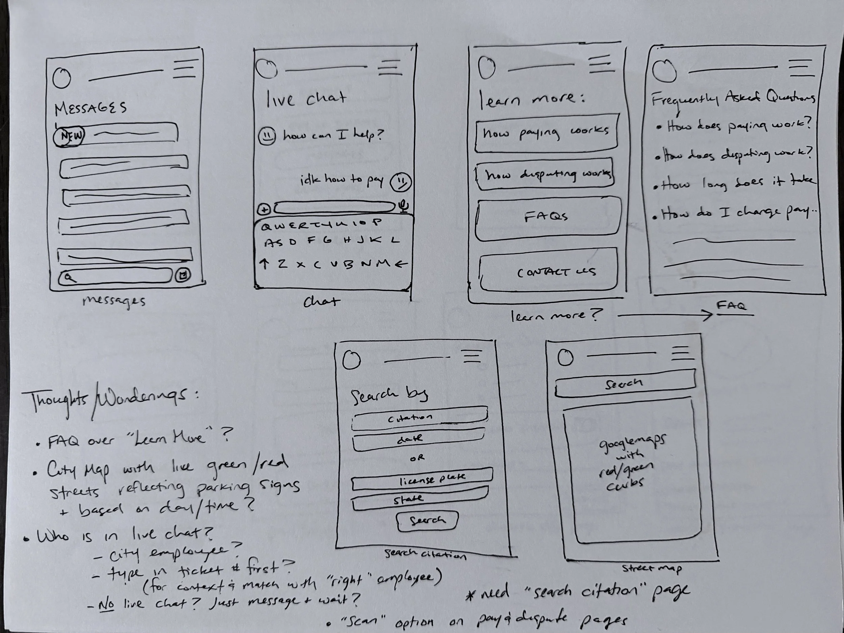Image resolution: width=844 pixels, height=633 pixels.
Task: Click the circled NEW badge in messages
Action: click(x=69, y=136)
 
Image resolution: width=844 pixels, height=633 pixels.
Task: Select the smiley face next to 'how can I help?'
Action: click(x=267, y=135)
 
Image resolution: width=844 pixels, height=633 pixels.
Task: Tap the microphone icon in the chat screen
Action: click(x=404, y=206)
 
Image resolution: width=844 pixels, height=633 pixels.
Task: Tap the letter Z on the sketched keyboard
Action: click(x=282, y=263)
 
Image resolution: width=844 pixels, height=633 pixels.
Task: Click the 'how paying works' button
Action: click(x=546, y=133)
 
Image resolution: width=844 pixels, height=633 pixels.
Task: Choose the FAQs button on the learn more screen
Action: click(x=547, y=218)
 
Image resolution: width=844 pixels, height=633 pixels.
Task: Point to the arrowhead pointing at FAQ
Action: click(x=709, y=315)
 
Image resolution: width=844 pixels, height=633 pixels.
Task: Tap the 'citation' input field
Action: click(x=419, y=417)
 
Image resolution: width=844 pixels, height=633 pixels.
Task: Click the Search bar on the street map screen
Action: click(x=625, y=384)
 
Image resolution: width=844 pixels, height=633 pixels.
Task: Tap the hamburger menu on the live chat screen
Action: click(x=390, y=68)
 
